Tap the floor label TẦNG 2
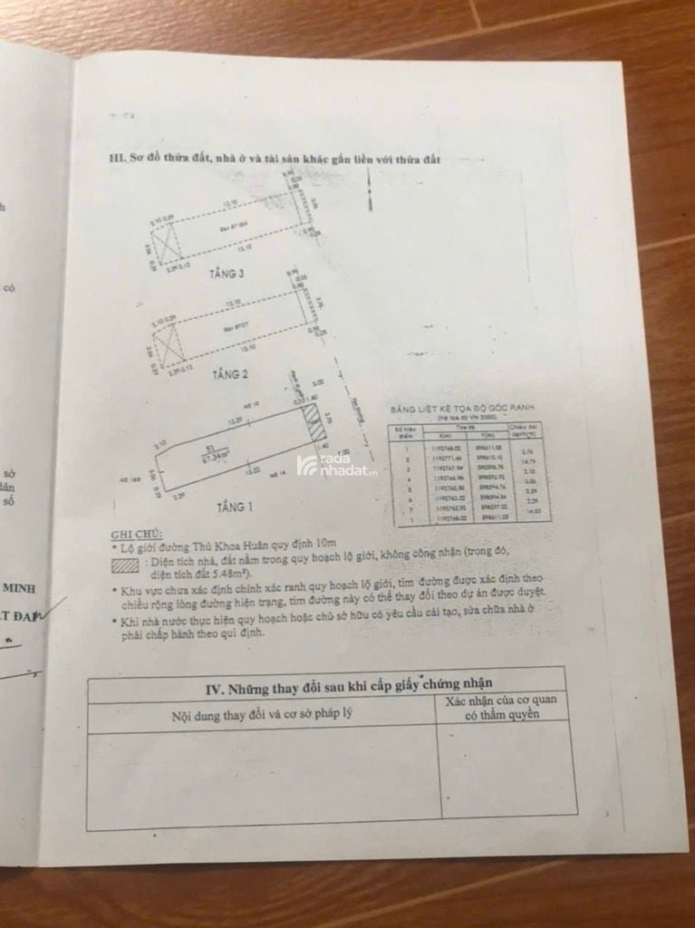(x=230, y=372)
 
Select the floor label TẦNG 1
(x=238, y=506)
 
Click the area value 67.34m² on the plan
(x=215, y=454)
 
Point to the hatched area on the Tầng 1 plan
(x=313, y=424)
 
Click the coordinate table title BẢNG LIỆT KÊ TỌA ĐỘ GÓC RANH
(x=450, y=410)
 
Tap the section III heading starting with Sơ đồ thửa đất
(x=274, y=159)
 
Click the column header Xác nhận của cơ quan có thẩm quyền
(x=500, y=707)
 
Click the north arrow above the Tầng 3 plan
(x=368, y=190)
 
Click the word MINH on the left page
(x=17, y=587)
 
